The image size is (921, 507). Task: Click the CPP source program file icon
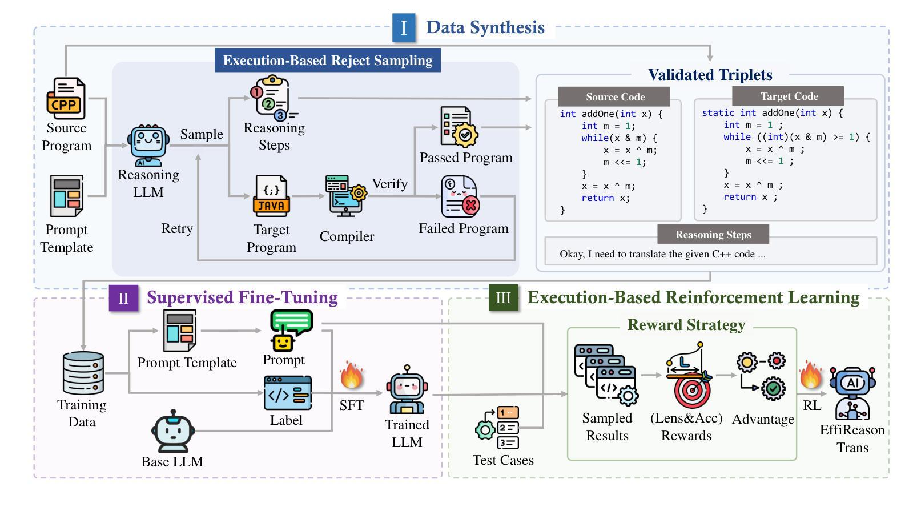click(66, 99)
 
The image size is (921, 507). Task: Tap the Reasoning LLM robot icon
click(148, 146)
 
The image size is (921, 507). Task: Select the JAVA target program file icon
click(271, 196)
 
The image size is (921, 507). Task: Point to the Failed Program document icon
click(460, 196)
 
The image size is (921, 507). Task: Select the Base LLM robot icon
click(172, 432)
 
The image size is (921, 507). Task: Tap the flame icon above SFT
click(351, 375)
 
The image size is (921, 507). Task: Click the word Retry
click(177, 228)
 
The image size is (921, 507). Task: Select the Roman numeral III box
click(503, 298)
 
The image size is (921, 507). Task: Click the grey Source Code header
click(614, 97)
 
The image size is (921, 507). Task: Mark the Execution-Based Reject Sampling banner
click(327, 61)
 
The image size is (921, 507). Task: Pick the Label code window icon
click(288, 393)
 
